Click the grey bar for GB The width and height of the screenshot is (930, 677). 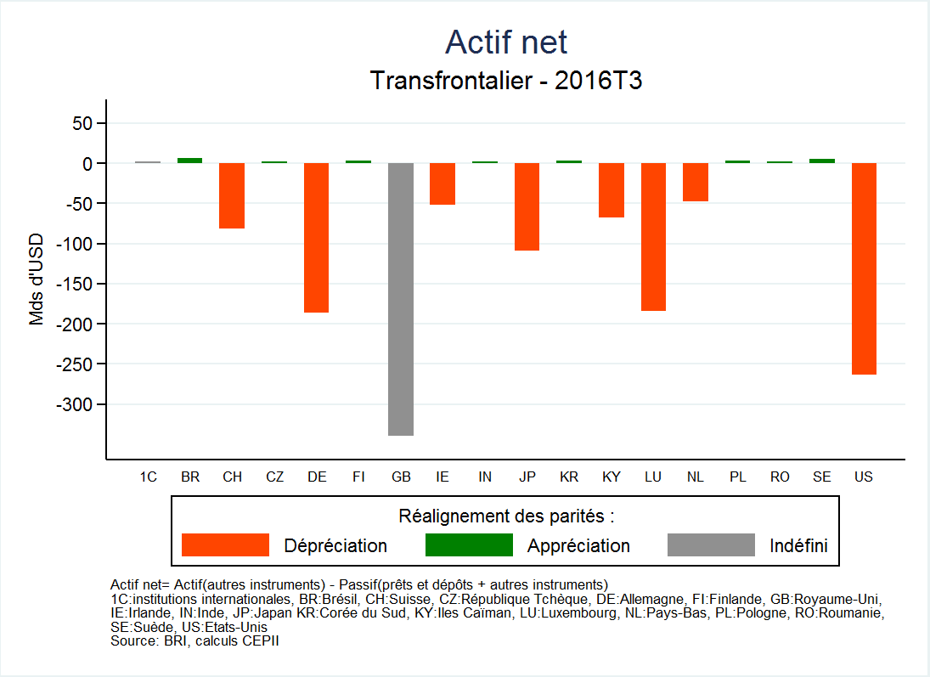coord(401,299)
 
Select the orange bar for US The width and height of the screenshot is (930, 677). coord(864,268)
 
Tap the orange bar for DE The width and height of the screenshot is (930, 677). coord(317,238)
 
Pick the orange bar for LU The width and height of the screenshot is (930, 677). coord(653,237)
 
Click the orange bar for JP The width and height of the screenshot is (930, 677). coord(527,206)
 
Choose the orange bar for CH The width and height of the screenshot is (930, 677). coord(232,195)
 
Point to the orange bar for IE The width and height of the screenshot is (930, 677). coord(442,183)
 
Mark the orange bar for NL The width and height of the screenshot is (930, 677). coord(696,182)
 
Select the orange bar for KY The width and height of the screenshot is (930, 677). coord(612,190)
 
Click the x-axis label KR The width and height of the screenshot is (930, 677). coord(569,477)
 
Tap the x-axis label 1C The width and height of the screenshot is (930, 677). coord(148,477)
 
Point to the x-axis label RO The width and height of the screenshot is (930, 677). coord(780,477)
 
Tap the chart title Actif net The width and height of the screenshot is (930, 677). coord(505,42)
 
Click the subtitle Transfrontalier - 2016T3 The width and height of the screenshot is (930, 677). coord(505,81)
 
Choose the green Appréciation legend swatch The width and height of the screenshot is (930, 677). coord(469,545)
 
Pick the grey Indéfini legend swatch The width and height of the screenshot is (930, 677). coord(711,545)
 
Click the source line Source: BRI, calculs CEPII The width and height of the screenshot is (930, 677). coord(194,641)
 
